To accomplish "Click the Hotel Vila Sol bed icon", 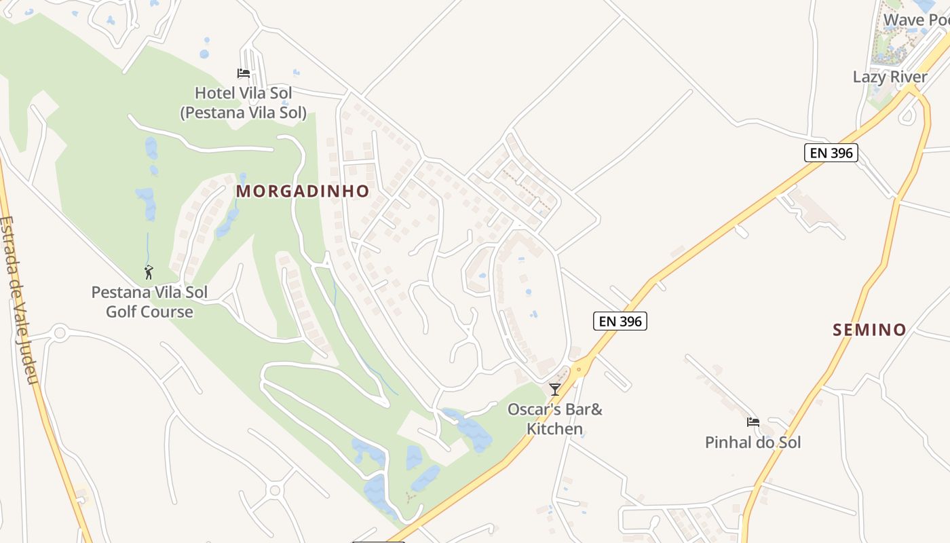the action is point(243,73).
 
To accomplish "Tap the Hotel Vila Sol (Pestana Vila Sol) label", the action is point(243,102).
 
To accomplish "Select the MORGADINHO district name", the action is point(303,191).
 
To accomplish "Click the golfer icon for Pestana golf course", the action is point(149,273).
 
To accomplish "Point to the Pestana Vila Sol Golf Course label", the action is point(149,302).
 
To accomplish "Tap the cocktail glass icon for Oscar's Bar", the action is point(555,389).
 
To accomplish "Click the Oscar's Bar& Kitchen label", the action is point(555,419).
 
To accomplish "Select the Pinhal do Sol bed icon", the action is point(753,422).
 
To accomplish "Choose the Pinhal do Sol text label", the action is point(753,443).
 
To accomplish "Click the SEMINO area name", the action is point(869,331).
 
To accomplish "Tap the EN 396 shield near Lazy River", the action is point(831,153).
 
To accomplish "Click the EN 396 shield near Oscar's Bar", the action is point(620,321).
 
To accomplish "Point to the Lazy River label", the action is point(890,77).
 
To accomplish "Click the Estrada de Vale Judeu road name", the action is point(20,299).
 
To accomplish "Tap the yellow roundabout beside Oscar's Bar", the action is point(579,370).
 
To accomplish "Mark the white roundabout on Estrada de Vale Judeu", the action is point(60,333).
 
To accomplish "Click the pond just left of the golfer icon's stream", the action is point(145,203).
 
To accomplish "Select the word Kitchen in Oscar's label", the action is point(555,429).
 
